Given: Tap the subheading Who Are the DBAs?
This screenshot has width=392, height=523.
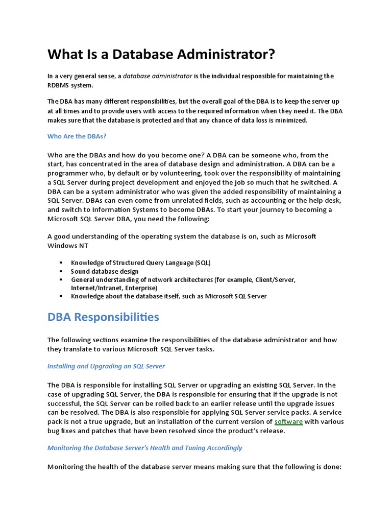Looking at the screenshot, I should click(77, 136).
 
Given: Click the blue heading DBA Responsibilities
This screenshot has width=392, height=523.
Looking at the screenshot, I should click(103, 317).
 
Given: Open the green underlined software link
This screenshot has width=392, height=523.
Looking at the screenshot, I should click(288, 421).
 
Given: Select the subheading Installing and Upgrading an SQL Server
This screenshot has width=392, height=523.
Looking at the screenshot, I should click(106, 366).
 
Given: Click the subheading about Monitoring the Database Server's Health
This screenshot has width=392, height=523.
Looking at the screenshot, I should click(144, 448).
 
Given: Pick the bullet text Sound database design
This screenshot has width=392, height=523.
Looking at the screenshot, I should click(105, 271).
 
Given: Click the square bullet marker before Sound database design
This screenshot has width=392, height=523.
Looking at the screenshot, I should click(61, 271).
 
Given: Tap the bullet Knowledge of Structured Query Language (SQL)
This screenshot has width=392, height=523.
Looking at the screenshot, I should click(140, 263).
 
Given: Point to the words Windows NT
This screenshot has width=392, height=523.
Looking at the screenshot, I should click(68, 246).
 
